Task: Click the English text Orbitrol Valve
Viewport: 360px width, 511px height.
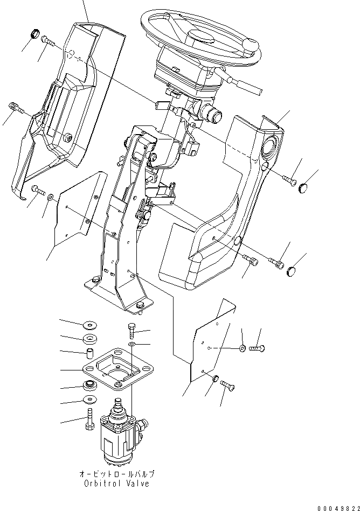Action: (117, 483)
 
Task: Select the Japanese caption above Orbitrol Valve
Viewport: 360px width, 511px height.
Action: (117, 474)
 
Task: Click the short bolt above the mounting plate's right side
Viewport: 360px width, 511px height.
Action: (132, 329)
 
